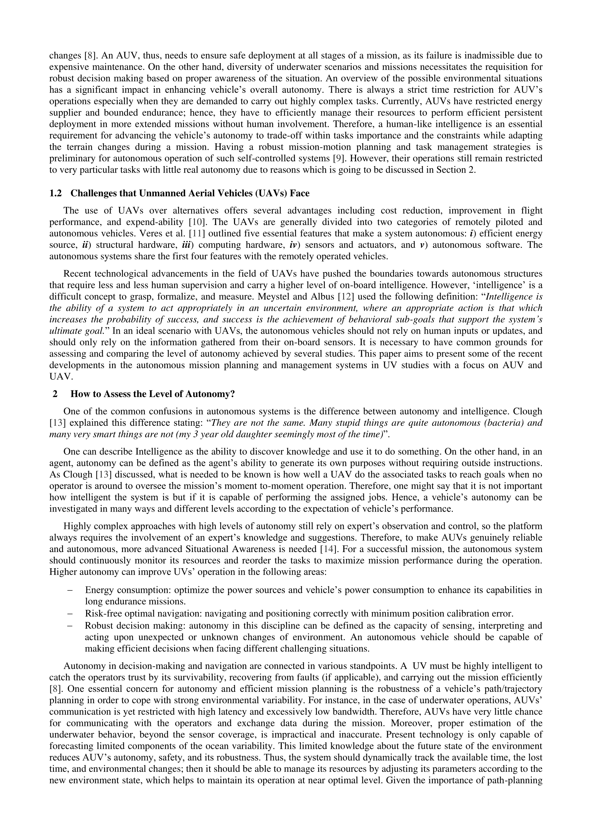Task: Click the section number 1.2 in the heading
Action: coord(55,193)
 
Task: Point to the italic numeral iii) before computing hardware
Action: coord(188,245)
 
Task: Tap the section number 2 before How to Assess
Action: coord(55,394)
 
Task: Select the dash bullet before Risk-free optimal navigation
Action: coord(70,614)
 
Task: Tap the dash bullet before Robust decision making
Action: coord(70,626)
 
